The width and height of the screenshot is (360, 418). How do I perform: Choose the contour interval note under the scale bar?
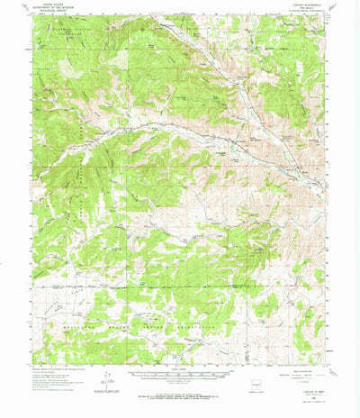click(181, 385)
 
